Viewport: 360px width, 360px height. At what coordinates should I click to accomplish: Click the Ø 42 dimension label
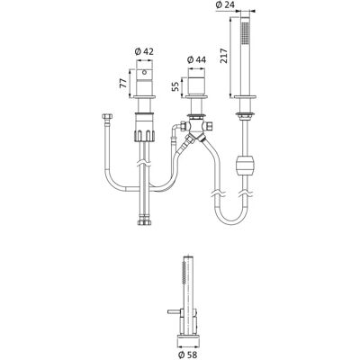144,51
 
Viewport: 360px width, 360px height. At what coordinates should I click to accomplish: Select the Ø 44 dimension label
196,60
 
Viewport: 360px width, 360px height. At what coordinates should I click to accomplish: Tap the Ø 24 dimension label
225,4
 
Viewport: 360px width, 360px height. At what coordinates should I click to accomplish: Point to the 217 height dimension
224,56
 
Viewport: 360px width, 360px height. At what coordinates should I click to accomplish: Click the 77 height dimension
123,84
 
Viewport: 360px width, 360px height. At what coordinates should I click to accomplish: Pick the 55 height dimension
175,86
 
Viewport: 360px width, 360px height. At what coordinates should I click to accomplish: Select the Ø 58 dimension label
188,355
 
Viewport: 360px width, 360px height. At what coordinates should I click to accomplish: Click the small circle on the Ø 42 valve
145,72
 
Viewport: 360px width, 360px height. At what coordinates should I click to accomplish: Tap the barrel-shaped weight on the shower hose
246,166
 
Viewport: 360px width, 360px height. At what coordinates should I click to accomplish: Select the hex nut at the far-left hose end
107,116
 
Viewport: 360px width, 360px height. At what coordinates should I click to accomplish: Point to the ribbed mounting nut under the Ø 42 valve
145,127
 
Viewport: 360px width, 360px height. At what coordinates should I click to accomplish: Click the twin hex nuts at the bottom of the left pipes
145,222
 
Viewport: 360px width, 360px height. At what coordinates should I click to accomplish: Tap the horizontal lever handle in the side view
174,311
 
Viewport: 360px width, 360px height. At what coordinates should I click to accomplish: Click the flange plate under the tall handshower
246,96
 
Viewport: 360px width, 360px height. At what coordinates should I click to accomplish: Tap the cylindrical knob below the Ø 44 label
196,82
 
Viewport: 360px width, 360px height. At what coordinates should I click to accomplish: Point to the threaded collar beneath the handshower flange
246,115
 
